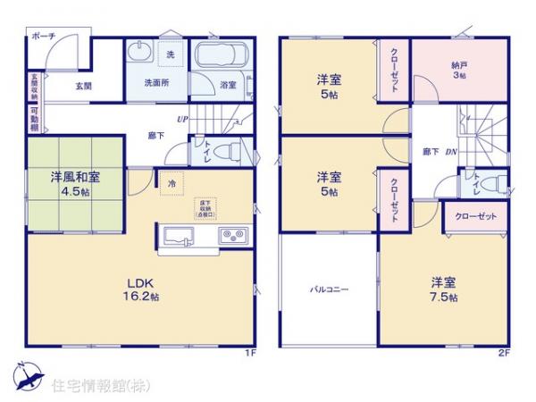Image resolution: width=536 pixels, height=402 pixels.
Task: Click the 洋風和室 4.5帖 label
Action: point(75,182)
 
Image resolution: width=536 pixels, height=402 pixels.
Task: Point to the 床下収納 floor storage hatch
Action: point(205,209)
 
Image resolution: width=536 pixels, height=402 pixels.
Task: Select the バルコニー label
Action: point(329,289)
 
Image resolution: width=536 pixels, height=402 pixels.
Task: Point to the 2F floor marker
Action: point(503,354)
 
